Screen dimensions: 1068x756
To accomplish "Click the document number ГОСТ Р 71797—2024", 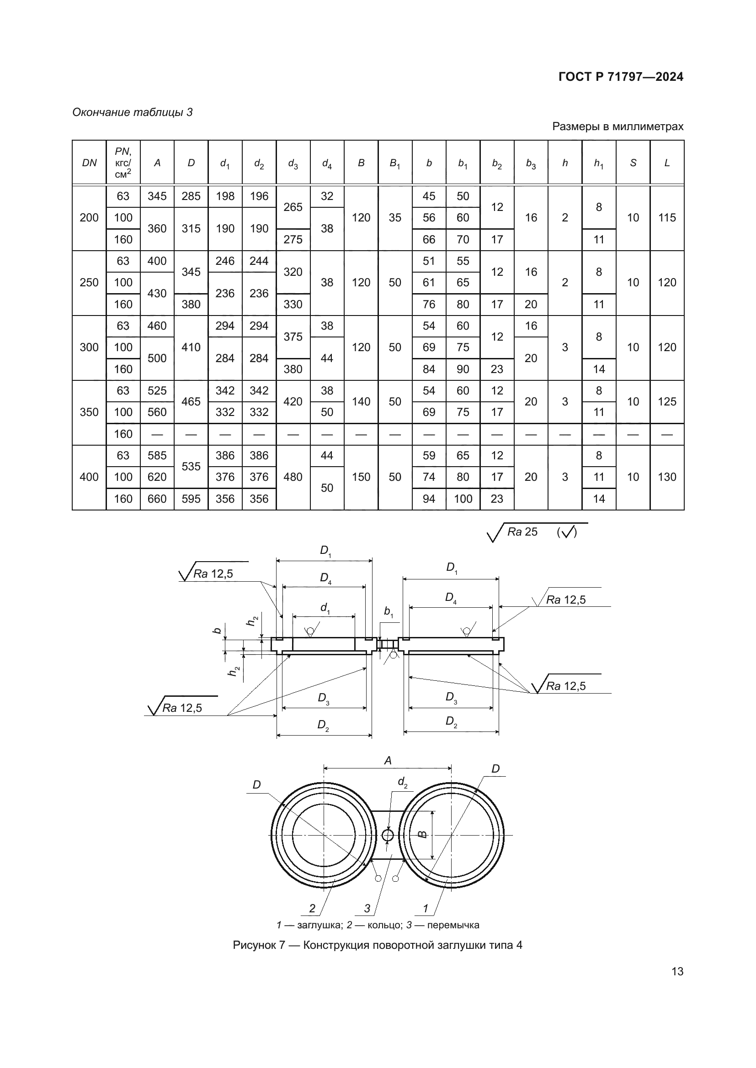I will coord(621,77).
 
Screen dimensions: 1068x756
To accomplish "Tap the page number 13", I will coord(677,971).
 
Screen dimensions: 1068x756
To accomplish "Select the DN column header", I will coord(89,163).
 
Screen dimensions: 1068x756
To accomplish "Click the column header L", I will coord(667,163).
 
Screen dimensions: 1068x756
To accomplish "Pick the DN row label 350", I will coord(89,412).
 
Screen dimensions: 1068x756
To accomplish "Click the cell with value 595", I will coord(191,499).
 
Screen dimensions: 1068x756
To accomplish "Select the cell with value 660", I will coord(157,499).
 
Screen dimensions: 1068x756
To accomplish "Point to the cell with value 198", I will coord(225,196).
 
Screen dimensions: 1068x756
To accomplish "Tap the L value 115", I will coord(667,218).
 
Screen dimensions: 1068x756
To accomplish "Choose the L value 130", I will coord(667,477).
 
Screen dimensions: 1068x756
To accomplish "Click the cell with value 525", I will coord(157,391).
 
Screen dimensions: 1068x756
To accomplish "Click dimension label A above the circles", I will coord(388,761).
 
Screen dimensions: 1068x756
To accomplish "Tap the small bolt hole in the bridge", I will coord(388,836).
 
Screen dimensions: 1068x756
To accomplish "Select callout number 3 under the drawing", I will coord(367,908).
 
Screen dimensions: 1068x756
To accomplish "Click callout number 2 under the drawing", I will coord(312,908).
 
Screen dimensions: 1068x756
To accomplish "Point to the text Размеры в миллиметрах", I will coord(618,126).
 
